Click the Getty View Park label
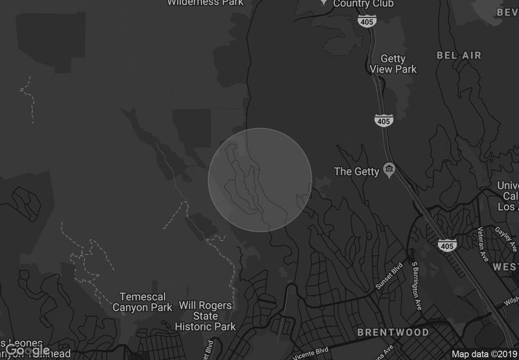(x=393, y=64)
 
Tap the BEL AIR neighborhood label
(x=459, y=56)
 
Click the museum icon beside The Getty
(x=389, y=171)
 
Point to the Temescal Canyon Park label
(x=143, y=302)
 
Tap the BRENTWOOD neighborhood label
(x=393, y=332)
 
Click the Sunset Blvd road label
(x=389, y=278)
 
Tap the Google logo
(x=27, y=350)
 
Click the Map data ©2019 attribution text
(x=484, y=354)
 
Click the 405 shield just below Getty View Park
(x=383, y=120)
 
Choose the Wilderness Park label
(x=205, y=3)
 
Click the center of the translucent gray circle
(x=259, y=180)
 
